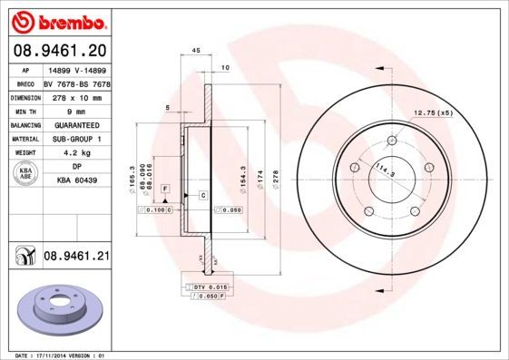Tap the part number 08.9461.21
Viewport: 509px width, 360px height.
pos(76,257)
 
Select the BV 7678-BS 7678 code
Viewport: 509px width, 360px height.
pos(75,83)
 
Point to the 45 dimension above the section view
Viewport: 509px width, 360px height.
pos(196,51)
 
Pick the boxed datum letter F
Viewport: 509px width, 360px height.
pos(166,187)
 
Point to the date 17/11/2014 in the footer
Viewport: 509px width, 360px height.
pos(58,355)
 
